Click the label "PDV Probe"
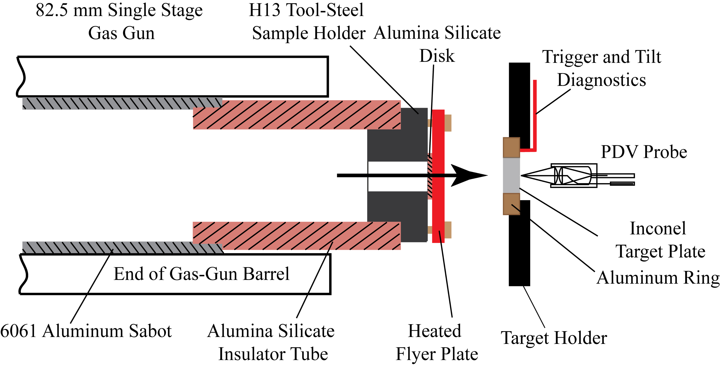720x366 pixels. (644, 152)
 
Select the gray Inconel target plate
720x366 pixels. (511, 175)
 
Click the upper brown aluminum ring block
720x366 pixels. (511, 147)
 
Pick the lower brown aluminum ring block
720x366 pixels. (511, 204)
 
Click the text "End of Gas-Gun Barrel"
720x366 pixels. (201, 274)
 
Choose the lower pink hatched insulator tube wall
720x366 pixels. (296, 236)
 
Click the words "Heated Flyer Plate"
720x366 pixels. (437, 342)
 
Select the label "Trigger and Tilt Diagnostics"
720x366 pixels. (601, 68)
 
